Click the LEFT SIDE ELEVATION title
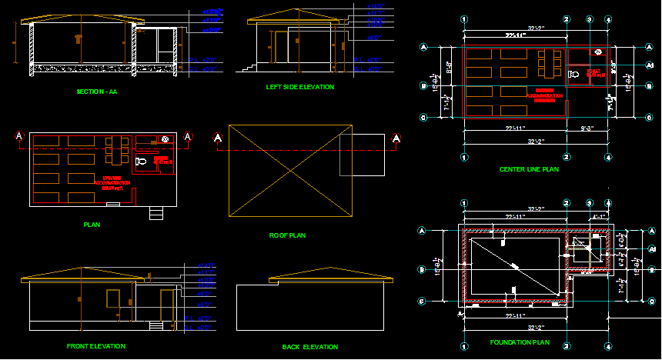coord(300,87)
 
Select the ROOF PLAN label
coord(287,235)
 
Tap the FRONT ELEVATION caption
coord(96,346)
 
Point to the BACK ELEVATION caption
coord(309,347)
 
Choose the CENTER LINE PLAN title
coord(529,169)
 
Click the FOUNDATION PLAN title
coord(520,342)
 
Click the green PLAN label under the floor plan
coord(92,225)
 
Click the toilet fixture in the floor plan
coord(139,162)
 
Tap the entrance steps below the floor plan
coord(156,213)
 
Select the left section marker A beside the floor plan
coord(19,137)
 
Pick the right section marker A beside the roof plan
coord(396,138)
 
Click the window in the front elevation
coord(112,298)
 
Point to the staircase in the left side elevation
coord(248,69)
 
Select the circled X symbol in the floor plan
coord(165,139)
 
